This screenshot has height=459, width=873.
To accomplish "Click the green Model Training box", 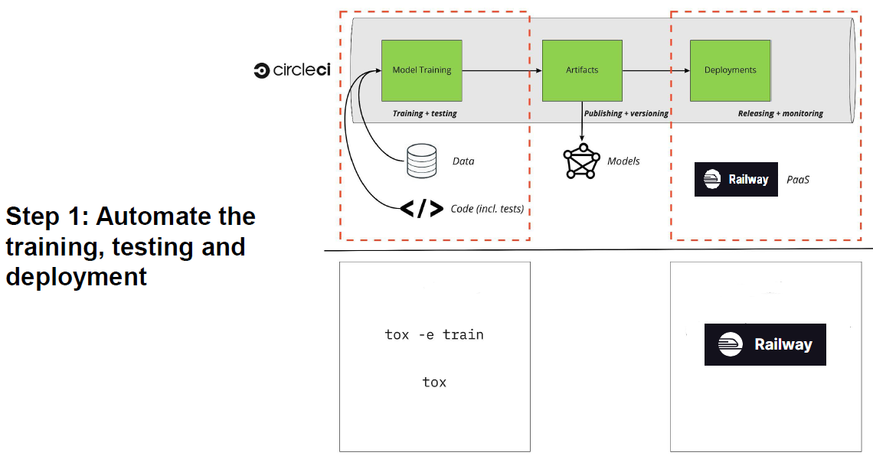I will coord(422,70).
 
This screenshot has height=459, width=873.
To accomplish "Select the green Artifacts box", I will coord(582,70).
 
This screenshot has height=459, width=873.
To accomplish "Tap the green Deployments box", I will coord(730,70).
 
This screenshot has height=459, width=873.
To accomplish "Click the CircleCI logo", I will coord(292,70).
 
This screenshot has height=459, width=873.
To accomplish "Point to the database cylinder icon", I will coord(421,161).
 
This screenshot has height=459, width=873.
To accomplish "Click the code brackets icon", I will coord(421,208).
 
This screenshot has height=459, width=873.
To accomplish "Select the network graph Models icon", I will coord(581,161).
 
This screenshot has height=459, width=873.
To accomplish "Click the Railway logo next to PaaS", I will coord(736,180).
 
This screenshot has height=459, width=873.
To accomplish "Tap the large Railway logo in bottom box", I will coord(765,344).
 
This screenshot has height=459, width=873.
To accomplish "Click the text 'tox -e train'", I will coord(434,334).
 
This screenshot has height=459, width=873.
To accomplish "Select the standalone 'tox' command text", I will coord(434,382).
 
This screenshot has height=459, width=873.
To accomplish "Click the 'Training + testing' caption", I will coord(424,113).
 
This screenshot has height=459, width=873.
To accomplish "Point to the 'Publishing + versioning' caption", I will coord(626,113).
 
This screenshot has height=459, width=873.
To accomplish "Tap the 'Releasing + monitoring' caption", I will coord(780,113).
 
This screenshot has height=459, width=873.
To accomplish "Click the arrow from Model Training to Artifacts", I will coord(502,70).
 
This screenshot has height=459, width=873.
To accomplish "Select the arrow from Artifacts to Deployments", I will coord(656,70).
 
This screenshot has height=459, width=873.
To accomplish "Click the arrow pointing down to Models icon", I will coord(582,122).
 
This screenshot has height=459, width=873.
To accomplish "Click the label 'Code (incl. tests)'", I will coord(487,208).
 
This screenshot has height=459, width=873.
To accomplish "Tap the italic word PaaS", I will coord(798,180).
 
